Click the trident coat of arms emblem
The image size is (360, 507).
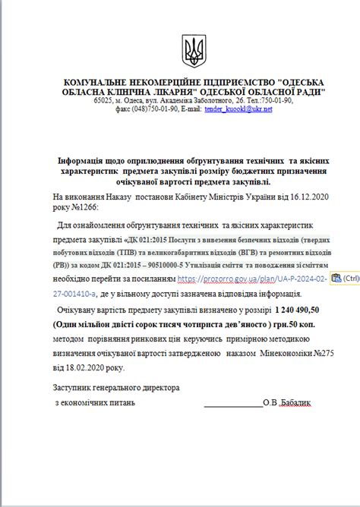[194, 51]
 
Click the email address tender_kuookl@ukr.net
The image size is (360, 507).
[238, 109]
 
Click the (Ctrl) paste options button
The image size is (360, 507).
[346, 279]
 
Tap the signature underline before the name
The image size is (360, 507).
[232, 403]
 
